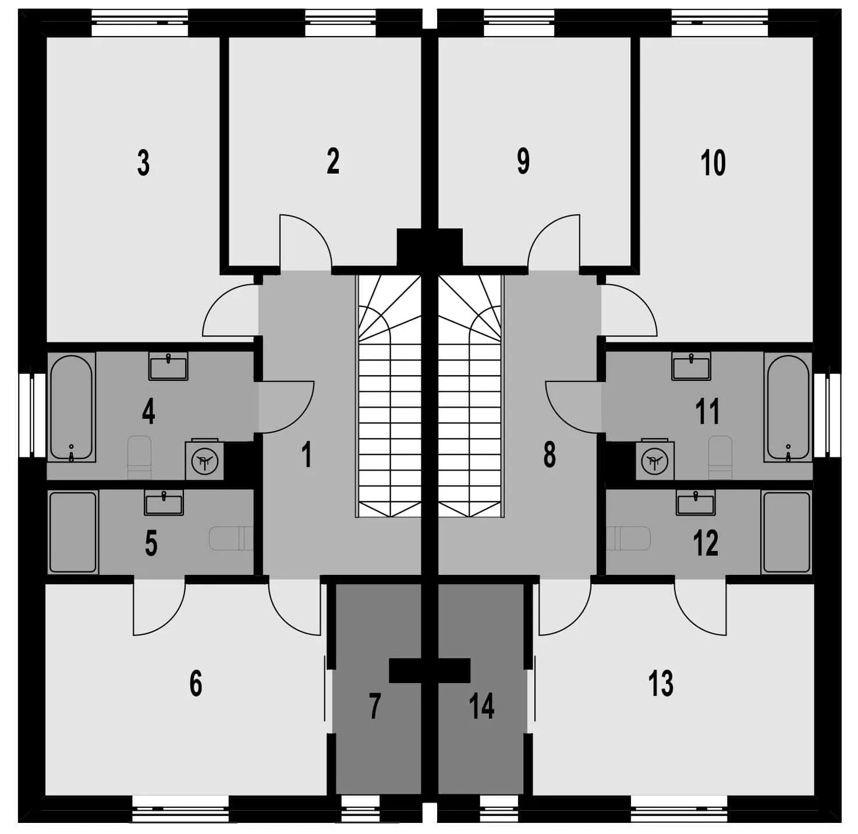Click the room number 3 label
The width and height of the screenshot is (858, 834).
click(143, 162)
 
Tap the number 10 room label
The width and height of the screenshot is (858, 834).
click(713, 162)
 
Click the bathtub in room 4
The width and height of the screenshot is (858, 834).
click(72, 407)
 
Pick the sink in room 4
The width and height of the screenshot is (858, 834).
click(168, 366)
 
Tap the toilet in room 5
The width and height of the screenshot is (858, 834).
click(231, 538)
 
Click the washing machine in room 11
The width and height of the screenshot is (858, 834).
click(655, 460)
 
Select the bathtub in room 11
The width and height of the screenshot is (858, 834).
click(788, 407)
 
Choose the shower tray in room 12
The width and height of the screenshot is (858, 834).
click(786, 532)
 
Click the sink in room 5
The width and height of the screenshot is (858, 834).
click(164, 503)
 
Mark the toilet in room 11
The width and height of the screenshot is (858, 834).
click(720, 457)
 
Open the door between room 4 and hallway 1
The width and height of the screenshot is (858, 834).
click(286, 407)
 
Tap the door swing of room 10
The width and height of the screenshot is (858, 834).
click(629, 310)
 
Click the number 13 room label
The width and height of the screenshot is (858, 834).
click(661, 683)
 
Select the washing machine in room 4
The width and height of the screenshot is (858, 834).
click(204, 460)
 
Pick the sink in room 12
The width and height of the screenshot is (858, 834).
click(696, 503)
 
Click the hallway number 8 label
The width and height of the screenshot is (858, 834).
click(549, 455)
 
